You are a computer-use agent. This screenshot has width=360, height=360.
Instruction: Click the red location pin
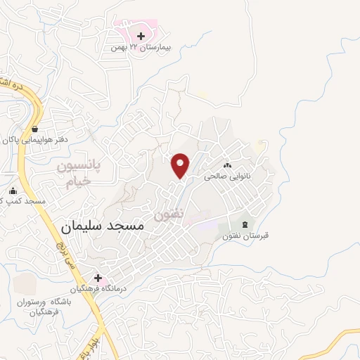[x=181, y=165]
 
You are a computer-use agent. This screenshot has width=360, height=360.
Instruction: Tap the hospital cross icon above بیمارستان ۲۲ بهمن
[x=141, y=36]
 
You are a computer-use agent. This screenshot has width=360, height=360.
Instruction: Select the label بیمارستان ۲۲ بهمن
[x=146, y=47]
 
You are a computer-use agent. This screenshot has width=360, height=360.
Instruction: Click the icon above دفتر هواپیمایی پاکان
[x=34, y=129]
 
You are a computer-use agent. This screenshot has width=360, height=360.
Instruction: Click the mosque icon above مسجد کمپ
[x=13, y=191]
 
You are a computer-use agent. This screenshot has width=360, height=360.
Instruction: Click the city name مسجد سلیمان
[x=102, y=226]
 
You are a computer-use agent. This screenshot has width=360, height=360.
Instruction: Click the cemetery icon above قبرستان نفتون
[x=245, y=224]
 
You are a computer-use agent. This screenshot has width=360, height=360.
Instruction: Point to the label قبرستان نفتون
[x=247, y=236]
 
